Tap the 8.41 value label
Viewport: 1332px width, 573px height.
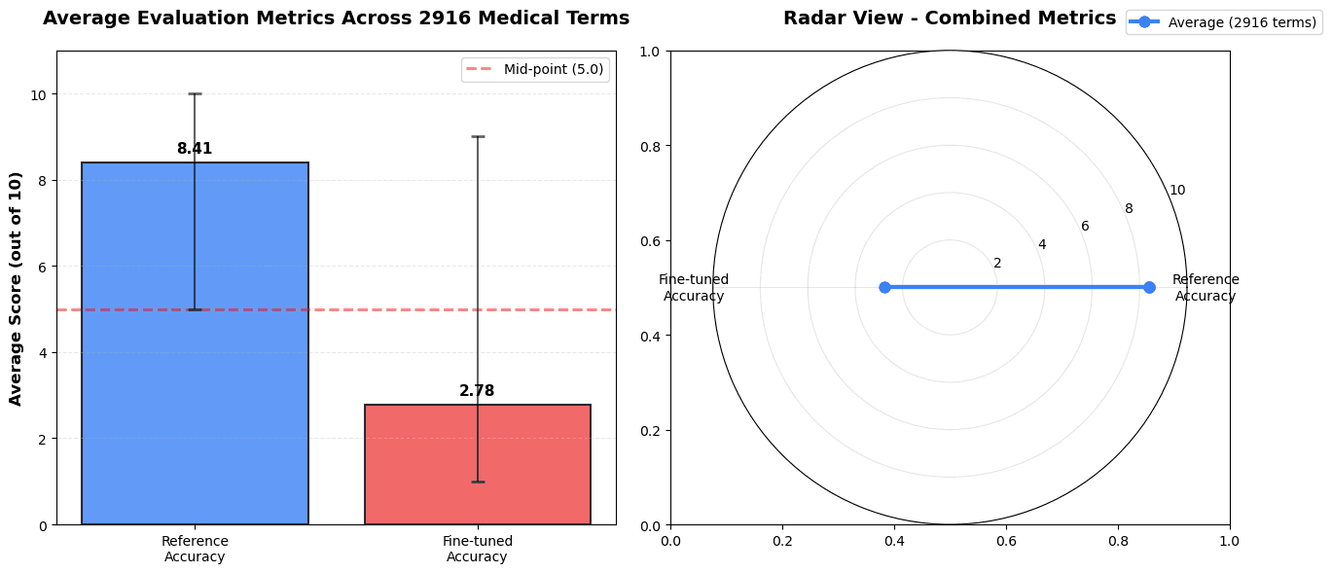(x=195, y=149)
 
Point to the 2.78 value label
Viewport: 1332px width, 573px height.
(x=477, y=391)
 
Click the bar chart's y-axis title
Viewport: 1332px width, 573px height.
(x=17, y=288)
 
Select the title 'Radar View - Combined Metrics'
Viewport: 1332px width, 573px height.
(x=950, y=18)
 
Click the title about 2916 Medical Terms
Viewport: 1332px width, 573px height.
(x=336, y=18)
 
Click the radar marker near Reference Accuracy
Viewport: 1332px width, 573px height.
(x=1149, y=287)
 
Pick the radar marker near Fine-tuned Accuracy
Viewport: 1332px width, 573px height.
(x=884, y=287)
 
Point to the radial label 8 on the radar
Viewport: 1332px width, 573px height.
(x=1129, y=208)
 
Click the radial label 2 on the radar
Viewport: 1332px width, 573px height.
(x=997, y=263)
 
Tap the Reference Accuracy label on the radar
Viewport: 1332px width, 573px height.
(x=1206, y=288)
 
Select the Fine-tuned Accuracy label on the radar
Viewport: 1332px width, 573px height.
(x=694, y=288)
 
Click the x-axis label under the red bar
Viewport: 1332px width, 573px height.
(x=477, y=549)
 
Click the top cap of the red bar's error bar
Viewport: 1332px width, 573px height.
(x=477, y=137)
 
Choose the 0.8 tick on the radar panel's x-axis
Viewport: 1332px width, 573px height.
(x=1118, y=540)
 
